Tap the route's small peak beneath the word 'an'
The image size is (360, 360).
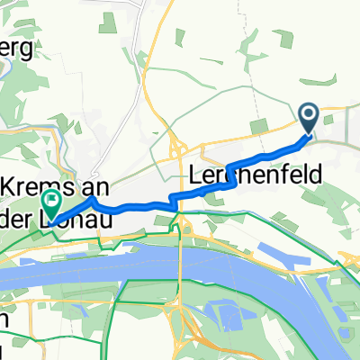coord(93,199)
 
